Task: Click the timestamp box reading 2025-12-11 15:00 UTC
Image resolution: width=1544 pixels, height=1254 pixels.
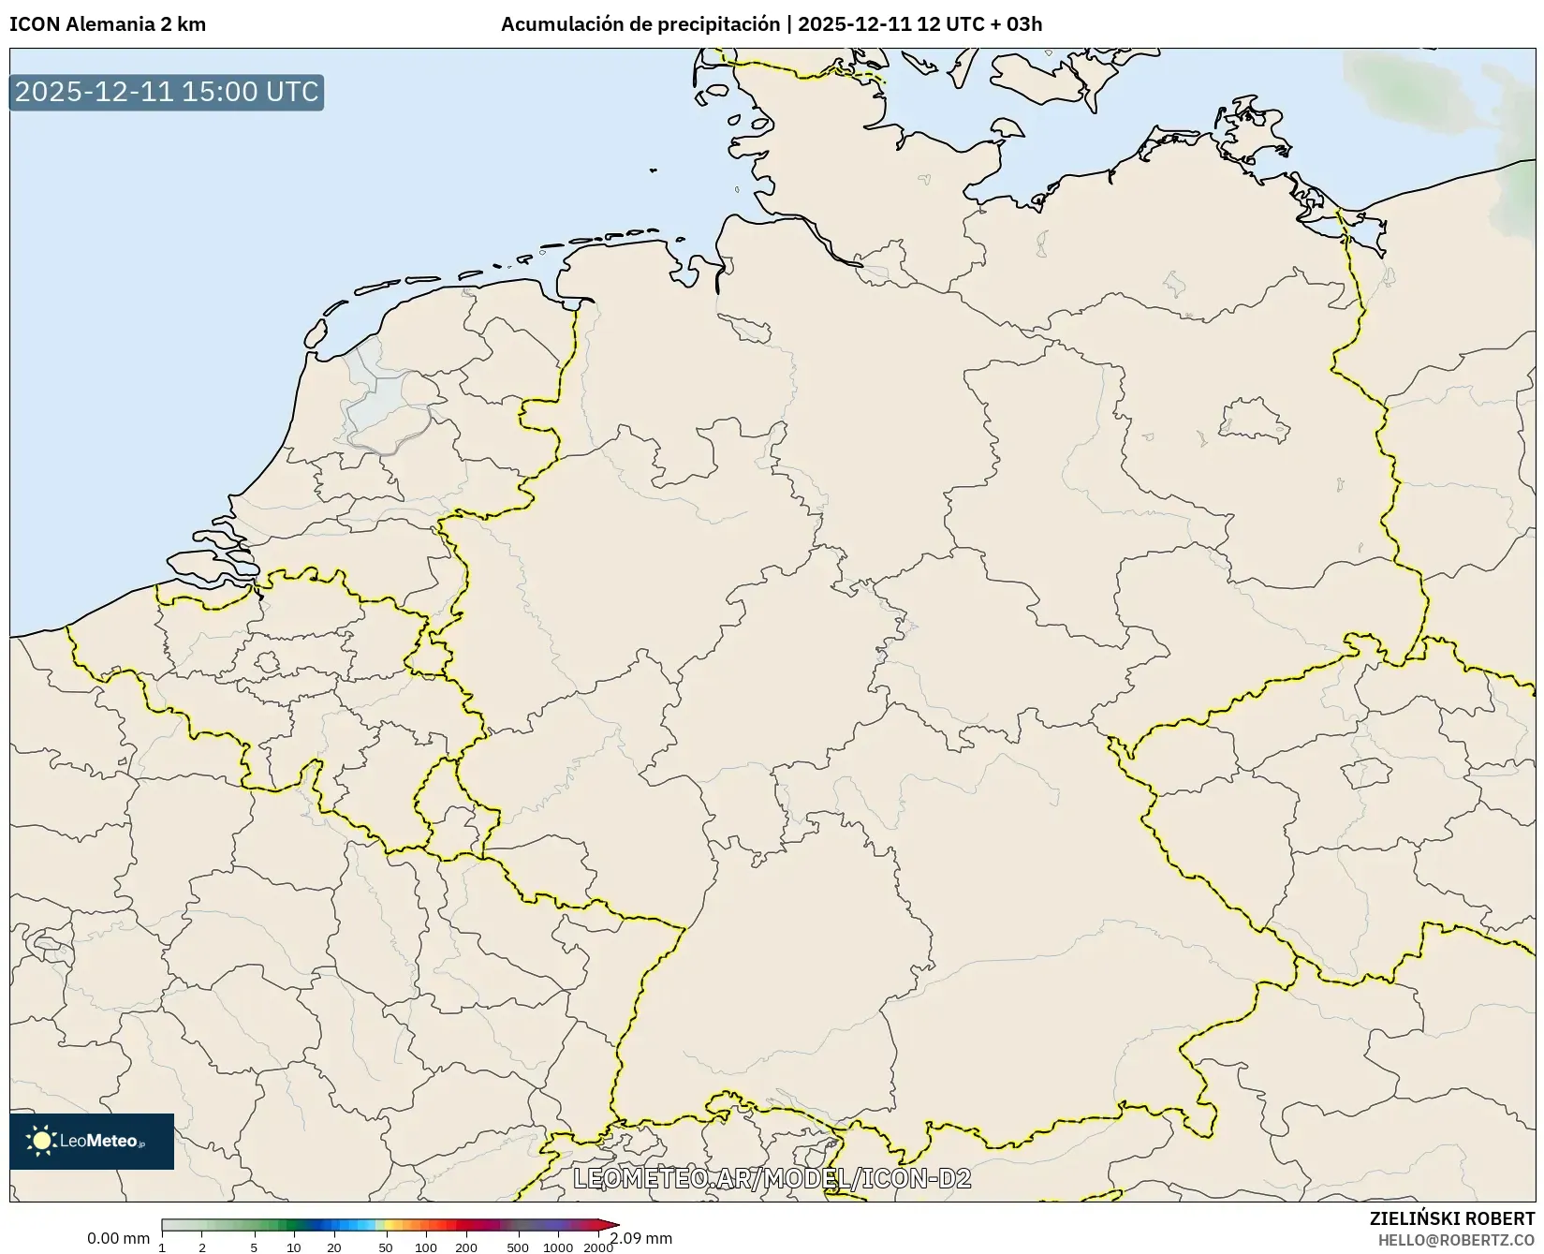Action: point(167,92)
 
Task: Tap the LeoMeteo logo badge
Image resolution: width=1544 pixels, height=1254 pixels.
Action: point(92,1141)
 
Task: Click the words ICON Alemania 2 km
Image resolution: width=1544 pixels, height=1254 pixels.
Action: point(108,23)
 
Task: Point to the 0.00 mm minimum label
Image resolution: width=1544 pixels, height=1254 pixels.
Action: point(118,1238)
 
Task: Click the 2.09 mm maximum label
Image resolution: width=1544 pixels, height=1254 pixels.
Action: point(641,1238)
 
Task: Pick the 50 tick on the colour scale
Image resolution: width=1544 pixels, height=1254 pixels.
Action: point(386,1247)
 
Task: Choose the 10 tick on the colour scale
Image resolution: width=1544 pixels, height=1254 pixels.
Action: point(294,1247)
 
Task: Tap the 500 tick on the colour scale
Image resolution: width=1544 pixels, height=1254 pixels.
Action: point(518,1247)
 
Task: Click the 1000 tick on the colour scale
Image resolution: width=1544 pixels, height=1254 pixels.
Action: point(559,1247)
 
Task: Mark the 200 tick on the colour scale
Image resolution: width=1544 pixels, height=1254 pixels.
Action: point(466,1247)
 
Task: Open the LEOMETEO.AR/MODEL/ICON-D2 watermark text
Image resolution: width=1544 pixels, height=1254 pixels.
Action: point(772,1178)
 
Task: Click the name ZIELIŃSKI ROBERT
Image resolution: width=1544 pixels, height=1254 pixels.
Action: point(1452,1218)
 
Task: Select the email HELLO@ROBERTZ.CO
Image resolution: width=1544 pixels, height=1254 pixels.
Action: point(1457,1239)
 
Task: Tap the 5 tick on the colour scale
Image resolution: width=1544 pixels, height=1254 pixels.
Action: point(254,1247)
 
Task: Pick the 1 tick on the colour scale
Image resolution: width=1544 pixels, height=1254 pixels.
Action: point(162,1247)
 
